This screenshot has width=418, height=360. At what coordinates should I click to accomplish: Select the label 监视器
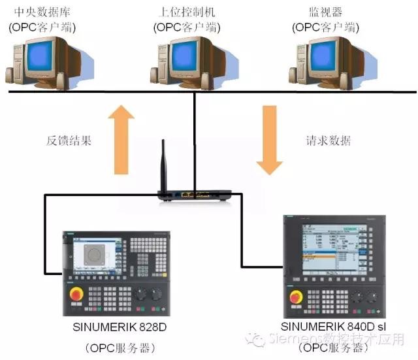coord(325,11)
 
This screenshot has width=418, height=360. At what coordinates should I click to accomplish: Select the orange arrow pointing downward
coord(270,140)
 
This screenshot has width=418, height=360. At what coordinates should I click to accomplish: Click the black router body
coord(195,195)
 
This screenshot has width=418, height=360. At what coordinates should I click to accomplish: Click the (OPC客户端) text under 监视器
coord(325,27)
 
